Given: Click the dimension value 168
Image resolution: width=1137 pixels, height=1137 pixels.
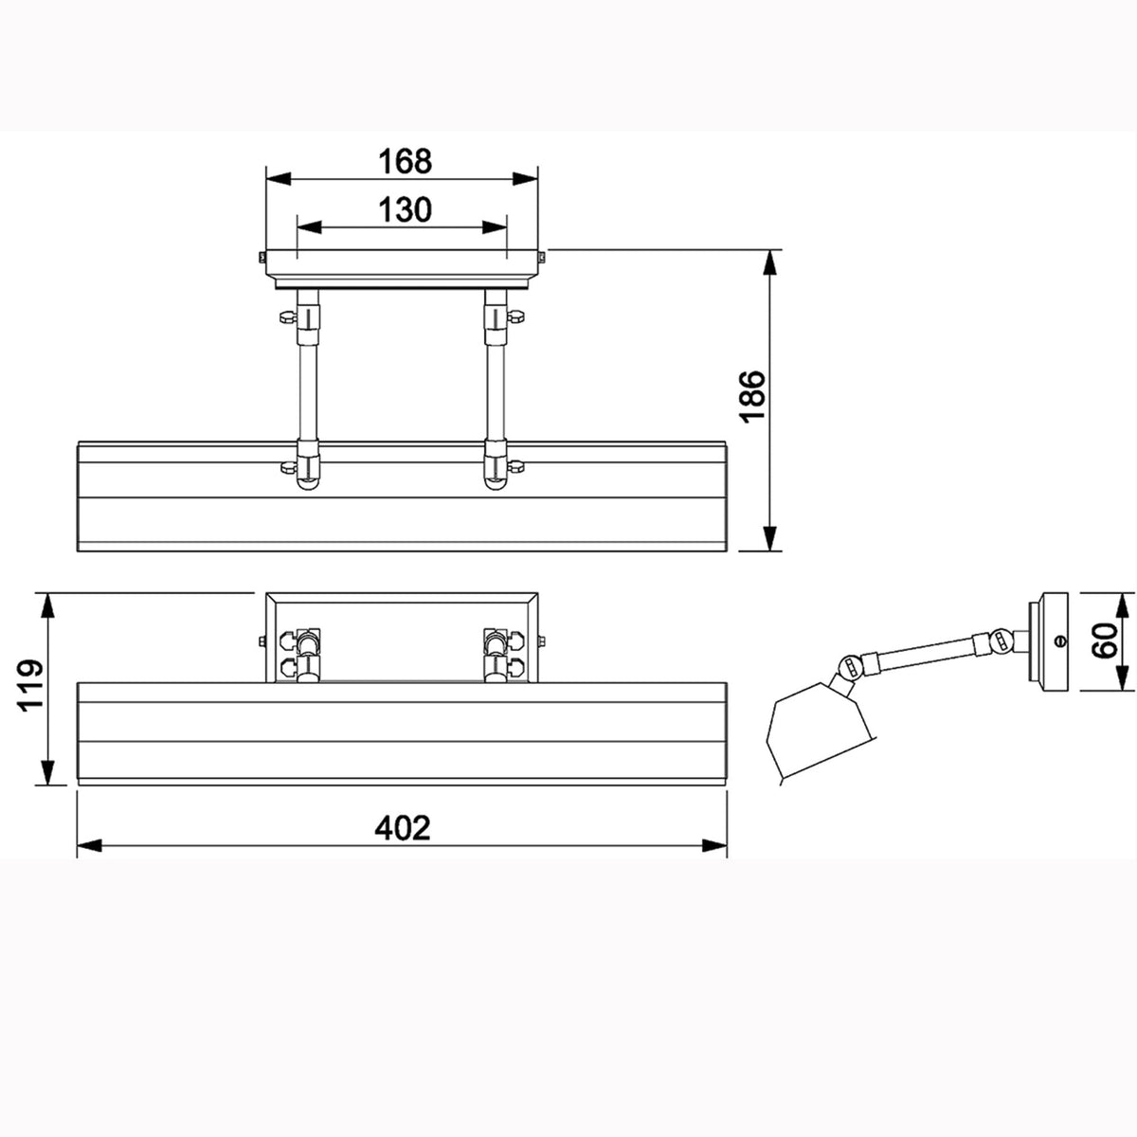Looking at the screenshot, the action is [405, 161].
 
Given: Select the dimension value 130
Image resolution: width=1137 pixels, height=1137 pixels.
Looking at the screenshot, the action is [405, 210].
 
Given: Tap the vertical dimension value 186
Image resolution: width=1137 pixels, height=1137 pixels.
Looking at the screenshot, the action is [752, 396].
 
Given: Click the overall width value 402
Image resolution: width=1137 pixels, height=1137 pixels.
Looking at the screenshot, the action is [403, 828].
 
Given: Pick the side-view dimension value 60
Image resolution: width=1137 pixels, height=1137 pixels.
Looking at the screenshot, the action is [1105, 641].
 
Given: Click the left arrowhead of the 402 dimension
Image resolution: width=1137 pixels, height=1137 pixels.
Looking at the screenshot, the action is [90, 846].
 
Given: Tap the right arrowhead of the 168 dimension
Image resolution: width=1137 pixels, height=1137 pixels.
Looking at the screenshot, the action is [525, 179].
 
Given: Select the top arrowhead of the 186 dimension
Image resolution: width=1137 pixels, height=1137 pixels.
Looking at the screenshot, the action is [768, 262].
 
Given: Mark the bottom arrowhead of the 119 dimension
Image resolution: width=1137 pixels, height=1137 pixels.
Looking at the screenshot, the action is [48, 772].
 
